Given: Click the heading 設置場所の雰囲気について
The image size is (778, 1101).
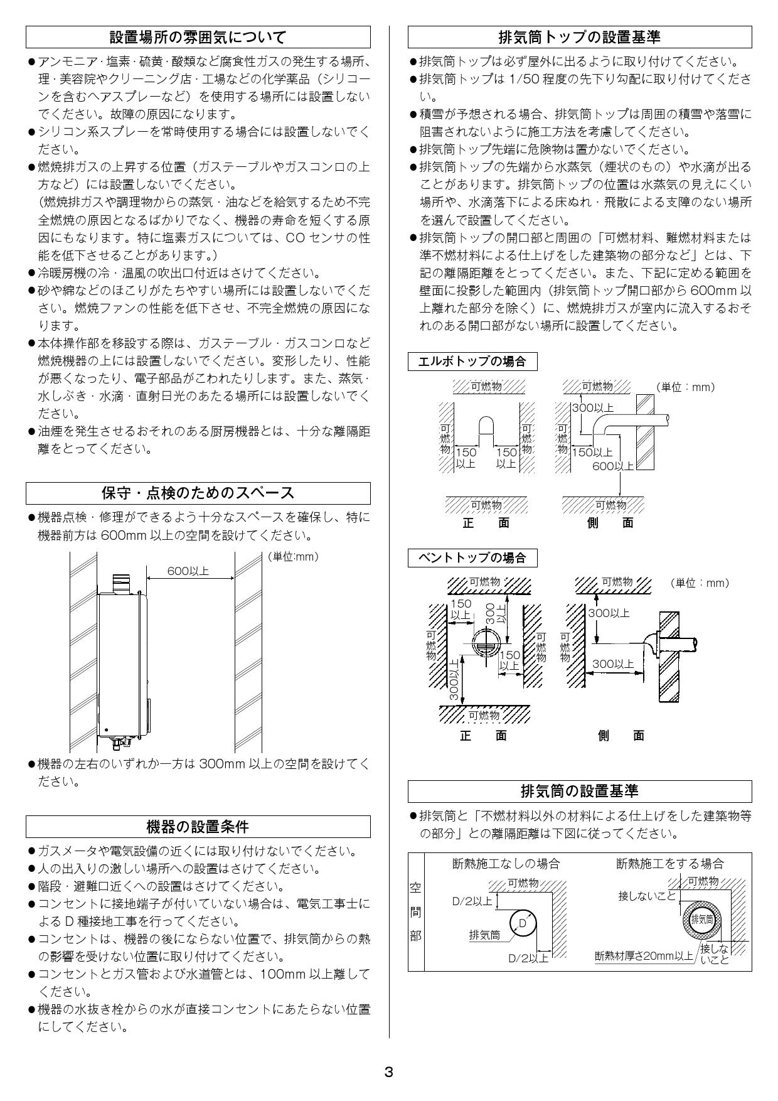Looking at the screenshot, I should (x=198, y=38).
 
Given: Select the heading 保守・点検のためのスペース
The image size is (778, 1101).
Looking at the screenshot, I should (x=198, y=493).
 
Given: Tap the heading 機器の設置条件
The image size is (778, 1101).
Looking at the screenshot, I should (x=198, y=827).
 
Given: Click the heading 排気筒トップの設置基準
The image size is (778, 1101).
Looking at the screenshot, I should (x=579, y=38).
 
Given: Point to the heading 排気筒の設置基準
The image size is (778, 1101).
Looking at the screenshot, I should (x=579, y=791).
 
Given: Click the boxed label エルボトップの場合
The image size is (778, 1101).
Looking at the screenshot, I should (x=472, y=362).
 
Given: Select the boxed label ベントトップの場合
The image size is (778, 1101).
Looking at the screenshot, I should (x=472, y=557).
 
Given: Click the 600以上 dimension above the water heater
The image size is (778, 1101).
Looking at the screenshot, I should (x=188, y=571).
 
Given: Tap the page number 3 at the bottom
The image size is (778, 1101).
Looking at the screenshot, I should (x=388, y=1071).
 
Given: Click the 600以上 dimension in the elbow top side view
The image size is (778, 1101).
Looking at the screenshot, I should (x=613, y=465).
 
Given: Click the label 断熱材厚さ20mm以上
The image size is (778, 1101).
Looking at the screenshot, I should (x=644, y=956).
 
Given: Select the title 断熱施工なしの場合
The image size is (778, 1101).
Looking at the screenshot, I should (x=506, y=864).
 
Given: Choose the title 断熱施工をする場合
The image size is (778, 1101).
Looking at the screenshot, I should (x=669, y=864).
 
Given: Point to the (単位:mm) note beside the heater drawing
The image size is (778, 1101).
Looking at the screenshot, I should (x=292, y=556).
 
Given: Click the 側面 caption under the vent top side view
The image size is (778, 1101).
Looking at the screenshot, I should (x=621, y=736).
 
